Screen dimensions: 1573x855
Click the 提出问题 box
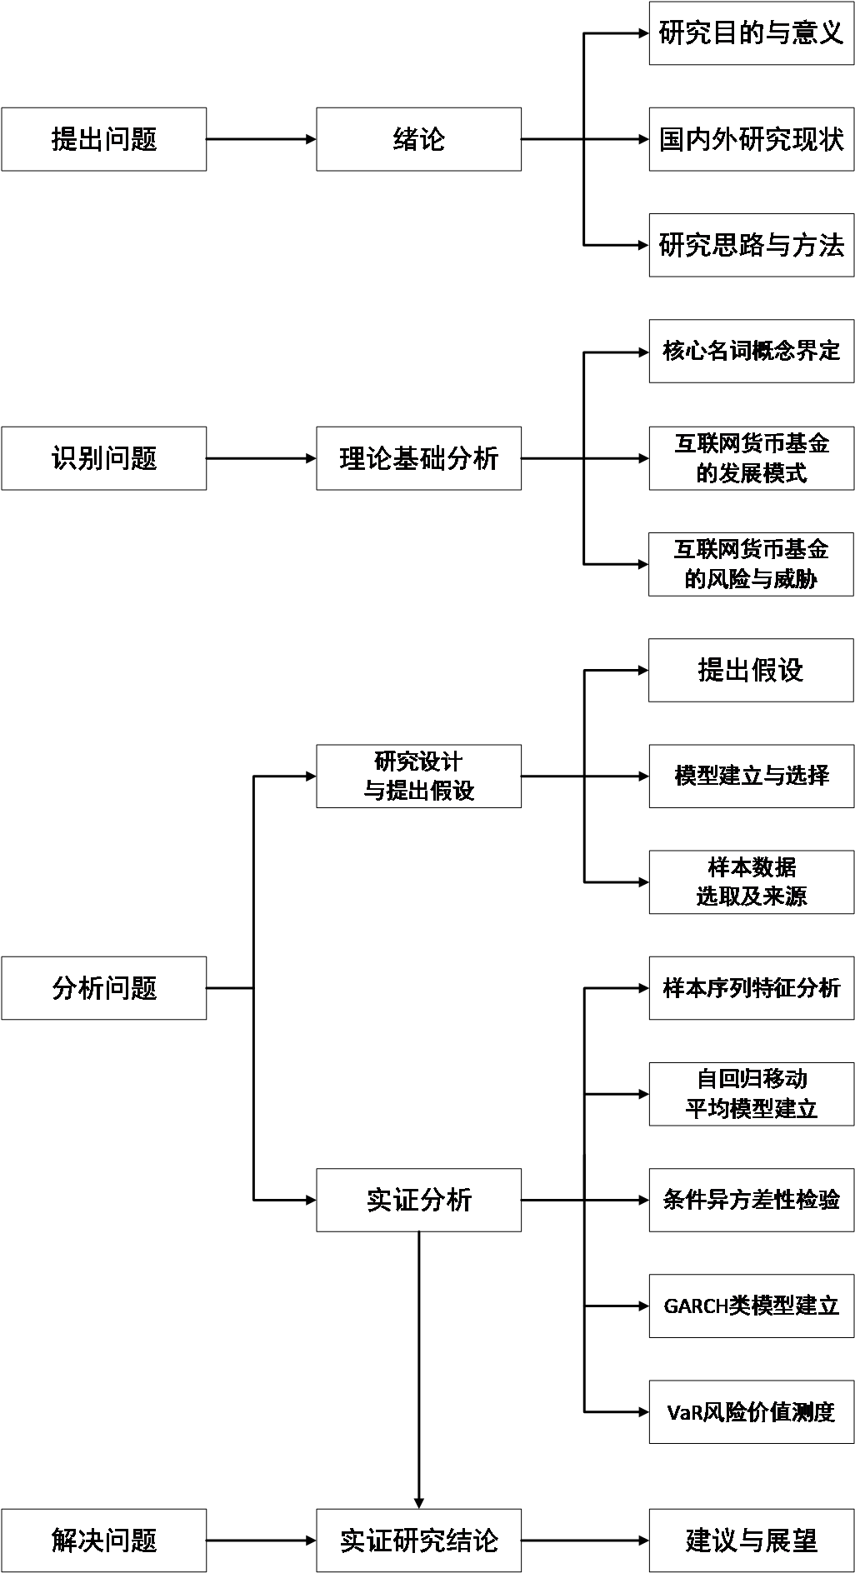(103, 139)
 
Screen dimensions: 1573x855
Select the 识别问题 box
(103, 458)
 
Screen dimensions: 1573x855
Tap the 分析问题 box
(103, 988)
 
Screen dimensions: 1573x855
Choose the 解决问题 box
(103, 1541)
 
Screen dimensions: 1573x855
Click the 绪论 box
(418, 139)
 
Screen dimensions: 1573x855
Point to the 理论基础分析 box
(418, 458)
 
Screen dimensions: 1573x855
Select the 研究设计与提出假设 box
(418, 776)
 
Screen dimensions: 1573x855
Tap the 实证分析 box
(418, 1200)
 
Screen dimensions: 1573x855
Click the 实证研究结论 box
(418, 1541)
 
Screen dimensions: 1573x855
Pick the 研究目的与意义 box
(751, 33)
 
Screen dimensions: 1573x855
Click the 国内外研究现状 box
(751, 139)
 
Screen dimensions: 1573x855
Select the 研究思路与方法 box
(751, 245)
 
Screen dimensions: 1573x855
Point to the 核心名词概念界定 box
(751, 351)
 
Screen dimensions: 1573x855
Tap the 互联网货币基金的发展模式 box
(751, 458)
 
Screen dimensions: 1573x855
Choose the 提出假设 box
(751, 670)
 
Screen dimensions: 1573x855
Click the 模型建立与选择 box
(751, 776)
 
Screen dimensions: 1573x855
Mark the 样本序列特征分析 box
(751, 988)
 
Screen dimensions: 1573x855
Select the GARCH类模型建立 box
(751, 1306)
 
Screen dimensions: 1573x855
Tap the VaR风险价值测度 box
(751, 1412)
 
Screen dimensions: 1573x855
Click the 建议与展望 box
(751, 1541)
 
